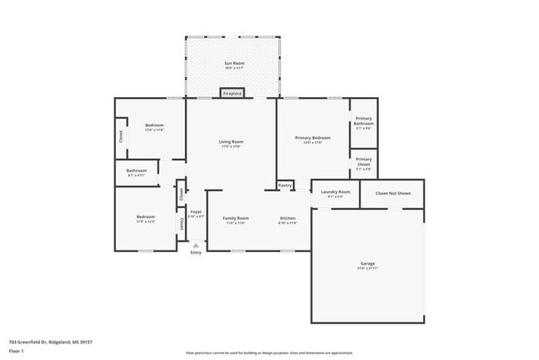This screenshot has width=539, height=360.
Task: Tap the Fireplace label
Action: (232, 94)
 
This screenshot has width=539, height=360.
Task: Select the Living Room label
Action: (231, 142)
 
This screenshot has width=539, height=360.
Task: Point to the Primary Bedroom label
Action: (313, 138)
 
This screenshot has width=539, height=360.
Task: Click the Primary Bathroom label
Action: (364, 121)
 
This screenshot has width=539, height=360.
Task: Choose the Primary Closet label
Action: (364, 160)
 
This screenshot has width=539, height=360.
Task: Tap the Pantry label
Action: (285, 185)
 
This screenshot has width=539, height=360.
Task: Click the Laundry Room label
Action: (335, 192)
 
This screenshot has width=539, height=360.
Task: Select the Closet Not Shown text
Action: (393, 193)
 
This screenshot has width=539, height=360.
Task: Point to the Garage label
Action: (367, 263)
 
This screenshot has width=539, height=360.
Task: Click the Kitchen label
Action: (287, 218)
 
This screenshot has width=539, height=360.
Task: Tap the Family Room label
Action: (236, 218)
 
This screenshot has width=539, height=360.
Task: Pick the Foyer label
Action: (196, 212)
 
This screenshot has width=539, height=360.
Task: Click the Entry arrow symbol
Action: (196, 245)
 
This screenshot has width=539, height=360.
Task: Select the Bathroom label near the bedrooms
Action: (137, 171)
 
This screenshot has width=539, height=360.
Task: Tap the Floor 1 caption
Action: (17, 351)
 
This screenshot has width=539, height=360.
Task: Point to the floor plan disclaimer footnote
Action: (269, 353)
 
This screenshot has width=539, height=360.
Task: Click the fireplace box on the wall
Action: (232, 94)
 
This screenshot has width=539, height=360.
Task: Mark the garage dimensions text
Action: (367, 268)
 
